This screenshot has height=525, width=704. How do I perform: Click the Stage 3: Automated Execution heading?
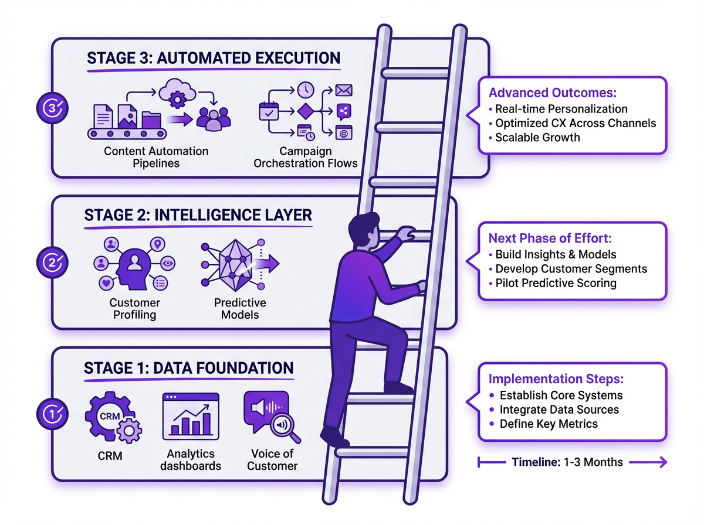pos(213,58)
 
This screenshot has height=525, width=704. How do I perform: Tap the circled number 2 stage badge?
pos(53,261)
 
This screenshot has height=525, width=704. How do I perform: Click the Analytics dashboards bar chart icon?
pos(190,415)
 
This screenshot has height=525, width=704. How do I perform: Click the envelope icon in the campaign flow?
pos(343,91)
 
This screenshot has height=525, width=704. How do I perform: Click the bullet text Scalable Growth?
pos(537,138)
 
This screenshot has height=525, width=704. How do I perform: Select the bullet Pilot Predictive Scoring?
pos(556,283)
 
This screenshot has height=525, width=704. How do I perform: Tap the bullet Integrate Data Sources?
pos(559,410)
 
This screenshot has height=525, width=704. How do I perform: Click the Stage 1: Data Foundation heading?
pos(188,368)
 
